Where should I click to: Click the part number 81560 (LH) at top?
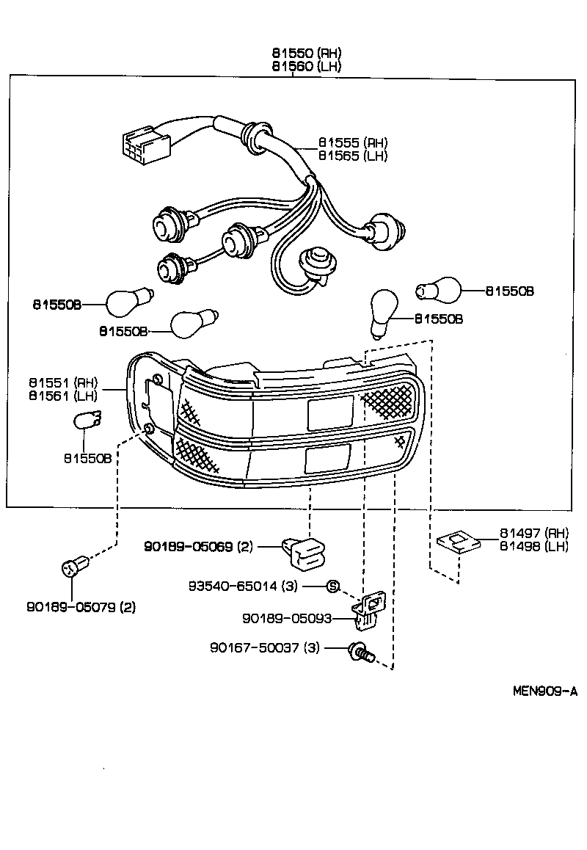(307, 66)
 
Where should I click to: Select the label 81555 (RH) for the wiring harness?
(353, 142)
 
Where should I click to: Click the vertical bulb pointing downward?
(384, 311)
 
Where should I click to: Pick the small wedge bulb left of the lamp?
(89, 423)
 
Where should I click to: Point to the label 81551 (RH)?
(63, 382)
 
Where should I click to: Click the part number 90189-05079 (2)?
(81, 607)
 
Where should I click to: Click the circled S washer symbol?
(332, 586)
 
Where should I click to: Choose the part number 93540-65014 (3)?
(243, 586)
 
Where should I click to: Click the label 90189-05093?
(287, 619)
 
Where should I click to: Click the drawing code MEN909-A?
(544, 691)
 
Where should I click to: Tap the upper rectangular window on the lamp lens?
(329, 413)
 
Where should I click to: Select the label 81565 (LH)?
(353, 156)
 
